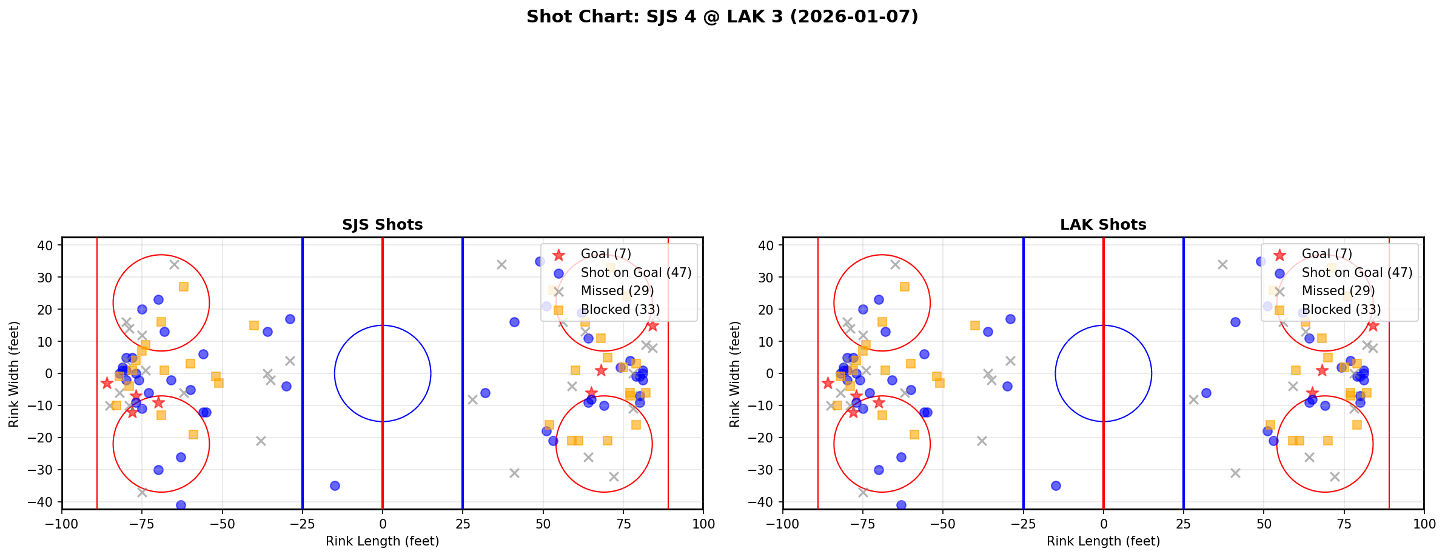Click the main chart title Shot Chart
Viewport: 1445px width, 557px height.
(722, 17)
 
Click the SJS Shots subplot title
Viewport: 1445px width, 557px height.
(382, 225)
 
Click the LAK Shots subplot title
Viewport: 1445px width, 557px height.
(1102, 225)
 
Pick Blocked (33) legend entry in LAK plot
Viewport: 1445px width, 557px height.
(1341, 310)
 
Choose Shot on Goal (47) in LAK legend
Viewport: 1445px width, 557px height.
(1356, 273)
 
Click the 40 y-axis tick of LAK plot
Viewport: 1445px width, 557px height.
(768, 245)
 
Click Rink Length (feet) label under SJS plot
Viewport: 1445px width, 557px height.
(382, 541)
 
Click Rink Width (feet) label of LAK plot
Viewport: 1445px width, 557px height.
(735, 374)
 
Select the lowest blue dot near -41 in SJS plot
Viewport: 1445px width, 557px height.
(181, 505)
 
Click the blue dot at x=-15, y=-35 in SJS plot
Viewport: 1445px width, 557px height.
(335, 485)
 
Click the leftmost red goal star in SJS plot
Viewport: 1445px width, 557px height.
(107, 383)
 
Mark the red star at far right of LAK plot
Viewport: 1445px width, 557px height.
(1373, 326)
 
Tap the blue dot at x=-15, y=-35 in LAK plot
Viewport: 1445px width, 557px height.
(1056, 485)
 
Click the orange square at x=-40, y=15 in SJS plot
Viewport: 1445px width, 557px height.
(254, 325)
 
